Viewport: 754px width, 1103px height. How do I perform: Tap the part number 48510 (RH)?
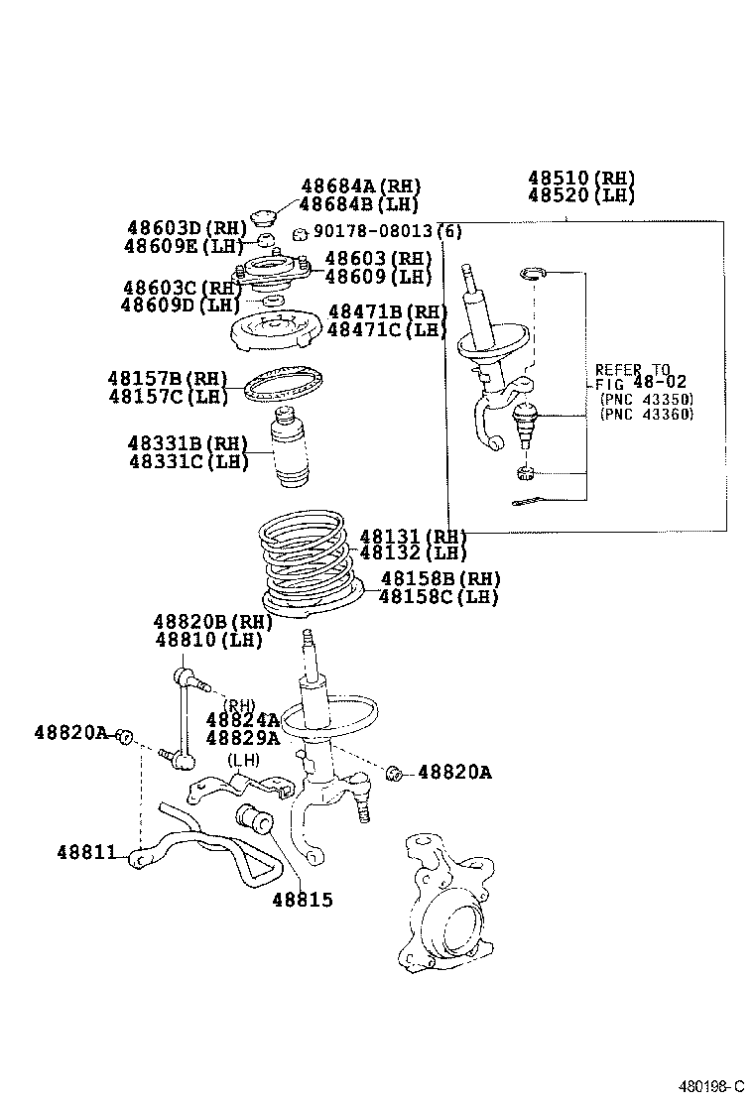click(580, 179)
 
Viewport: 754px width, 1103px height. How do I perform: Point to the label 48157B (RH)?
click(168, 379)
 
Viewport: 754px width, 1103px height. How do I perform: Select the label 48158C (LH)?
click(440, 596)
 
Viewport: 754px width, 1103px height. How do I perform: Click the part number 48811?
click(88, 852)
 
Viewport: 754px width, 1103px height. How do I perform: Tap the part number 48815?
click(303, 900)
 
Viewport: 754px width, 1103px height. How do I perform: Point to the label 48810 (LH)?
click(208, 640)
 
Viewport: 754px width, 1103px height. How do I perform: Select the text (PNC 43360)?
click(646, 414)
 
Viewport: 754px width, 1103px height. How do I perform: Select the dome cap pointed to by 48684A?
click(264, 218)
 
